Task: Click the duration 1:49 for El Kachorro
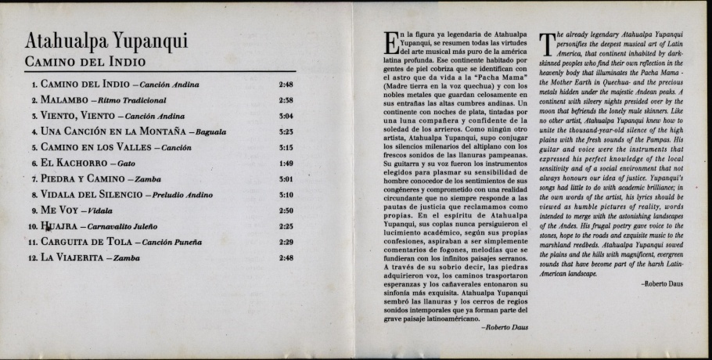286,163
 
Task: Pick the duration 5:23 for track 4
286,131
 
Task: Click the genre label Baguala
214,132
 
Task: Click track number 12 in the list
32,257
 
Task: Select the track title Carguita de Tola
85,242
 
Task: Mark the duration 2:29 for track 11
286,242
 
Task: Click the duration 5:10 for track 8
286,195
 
